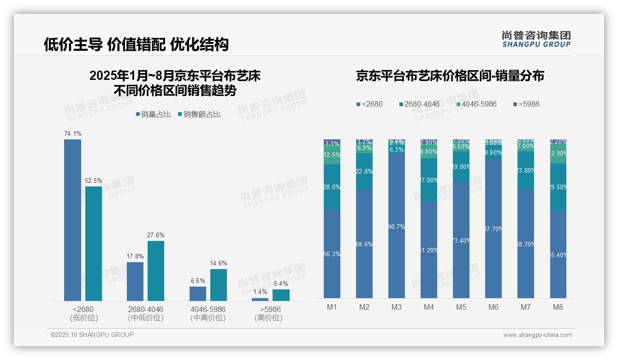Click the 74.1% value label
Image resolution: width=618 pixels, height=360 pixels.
tap(72, 134)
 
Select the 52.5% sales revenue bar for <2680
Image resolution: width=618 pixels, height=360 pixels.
tap(94, 243)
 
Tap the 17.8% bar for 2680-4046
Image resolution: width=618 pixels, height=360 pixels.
tap(135, 282)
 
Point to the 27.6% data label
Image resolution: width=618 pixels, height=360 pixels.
tap(156, 235)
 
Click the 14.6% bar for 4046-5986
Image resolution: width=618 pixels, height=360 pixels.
tap(219, 285)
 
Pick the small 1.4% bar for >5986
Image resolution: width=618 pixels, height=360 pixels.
tap(260, 300)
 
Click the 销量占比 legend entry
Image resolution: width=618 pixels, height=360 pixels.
tap(154, 114)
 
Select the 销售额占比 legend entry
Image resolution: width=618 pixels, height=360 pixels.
tap(199, 114)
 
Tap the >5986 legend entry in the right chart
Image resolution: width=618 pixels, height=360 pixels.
tap(526, 104)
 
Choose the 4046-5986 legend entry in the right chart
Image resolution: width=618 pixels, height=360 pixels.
tap(476, 104)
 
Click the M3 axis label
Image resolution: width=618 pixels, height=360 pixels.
tap(397, 307)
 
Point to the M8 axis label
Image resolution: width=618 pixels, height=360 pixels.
tap(558, 307)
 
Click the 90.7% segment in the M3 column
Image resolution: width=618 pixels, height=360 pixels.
tap(397, 226)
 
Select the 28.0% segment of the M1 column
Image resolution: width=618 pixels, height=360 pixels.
tap(332, 187)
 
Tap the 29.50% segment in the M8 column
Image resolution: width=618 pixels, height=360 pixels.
tap(558, 187)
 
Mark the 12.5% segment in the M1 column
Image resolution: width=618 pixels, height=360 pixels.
tap(332, 155)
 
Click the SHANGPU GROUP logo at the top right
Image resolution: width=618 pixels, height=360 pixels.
tap(536, 39)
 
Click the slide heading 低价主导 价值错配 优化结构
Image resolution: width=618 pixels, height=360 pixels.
tap(137, 44)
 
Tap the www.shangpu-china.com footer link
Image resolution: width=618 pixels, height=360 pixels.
tap(537, 335)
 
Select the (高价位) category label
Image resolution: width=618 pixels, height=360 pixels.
tap(268, 318)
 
